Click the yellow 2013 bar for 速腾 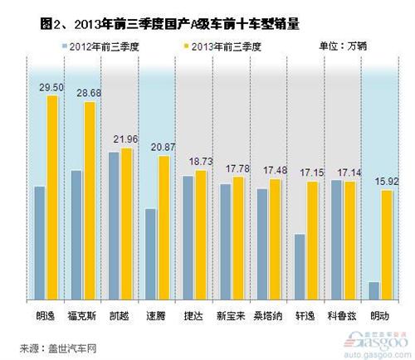coord(164,229)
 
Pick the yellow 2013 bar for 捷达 coord(200,236)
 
